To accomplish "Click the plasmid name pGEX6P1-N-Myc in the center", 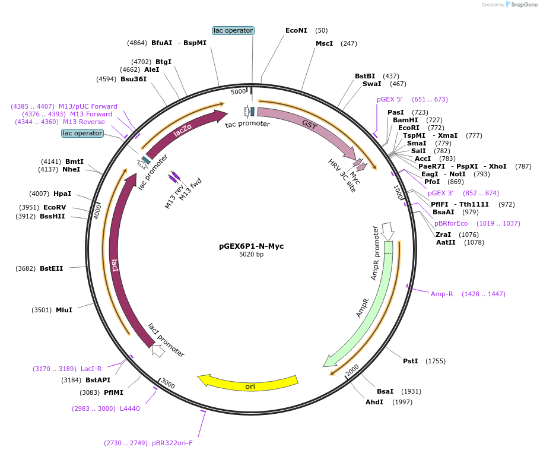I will (251, 246).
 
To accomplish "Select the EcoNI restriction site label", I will (296, 30).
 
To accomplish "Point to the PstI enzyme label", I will (411, 361).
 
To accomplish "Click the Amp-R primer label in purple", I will (441, 294).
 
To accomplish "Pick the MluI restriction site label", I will (64, 310).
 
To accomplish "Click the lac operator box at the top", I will (233, 30).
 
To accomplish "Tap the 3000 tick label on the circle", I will (168, 384).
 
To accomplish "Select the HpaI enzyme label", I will (62, 194).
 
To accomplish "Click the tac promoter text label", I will (247, 124).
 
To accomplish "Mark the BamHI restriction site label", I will (405, 120).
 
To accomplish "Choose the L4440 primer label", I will (130, 408).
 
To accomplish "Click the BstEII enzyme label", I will (51, 268).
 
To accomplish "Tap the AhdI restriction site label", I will (374, 402).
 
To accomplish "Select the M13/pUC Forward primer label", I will (88, 106).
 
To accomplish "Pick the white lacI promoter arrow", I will (158, 350).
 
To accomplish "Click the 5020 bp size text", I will (251, 254).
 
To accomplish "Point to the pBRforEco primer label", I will (451, 223).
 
